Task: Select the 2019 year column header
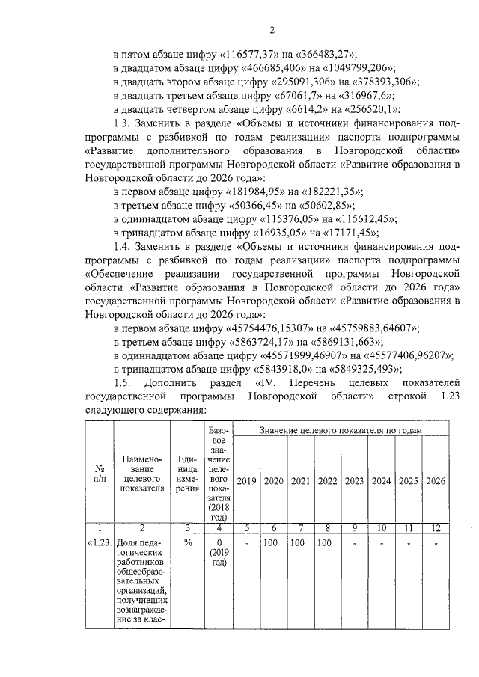[247, 480]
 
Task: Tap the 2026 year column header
[435, 480]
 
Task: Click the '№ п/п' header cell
[99, 472]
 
